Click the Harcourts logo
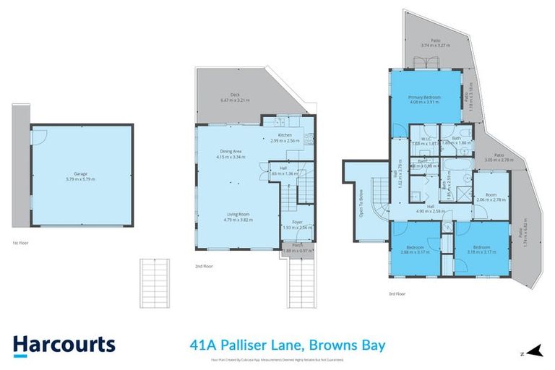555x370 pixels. [x=64, y=344]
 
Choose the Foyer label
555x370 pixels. [x=297, y=223]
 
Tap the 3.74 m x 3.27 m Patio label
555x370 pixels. [x=435, y=41]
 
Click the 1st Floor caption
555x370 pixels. [x=21, y=244]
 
